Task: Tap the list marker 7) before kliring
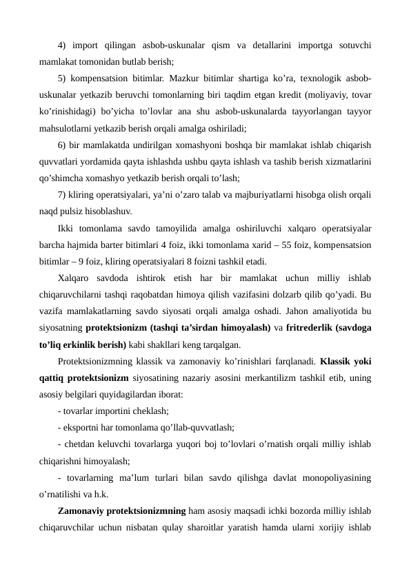62,195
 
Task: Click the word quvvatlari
60,161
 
